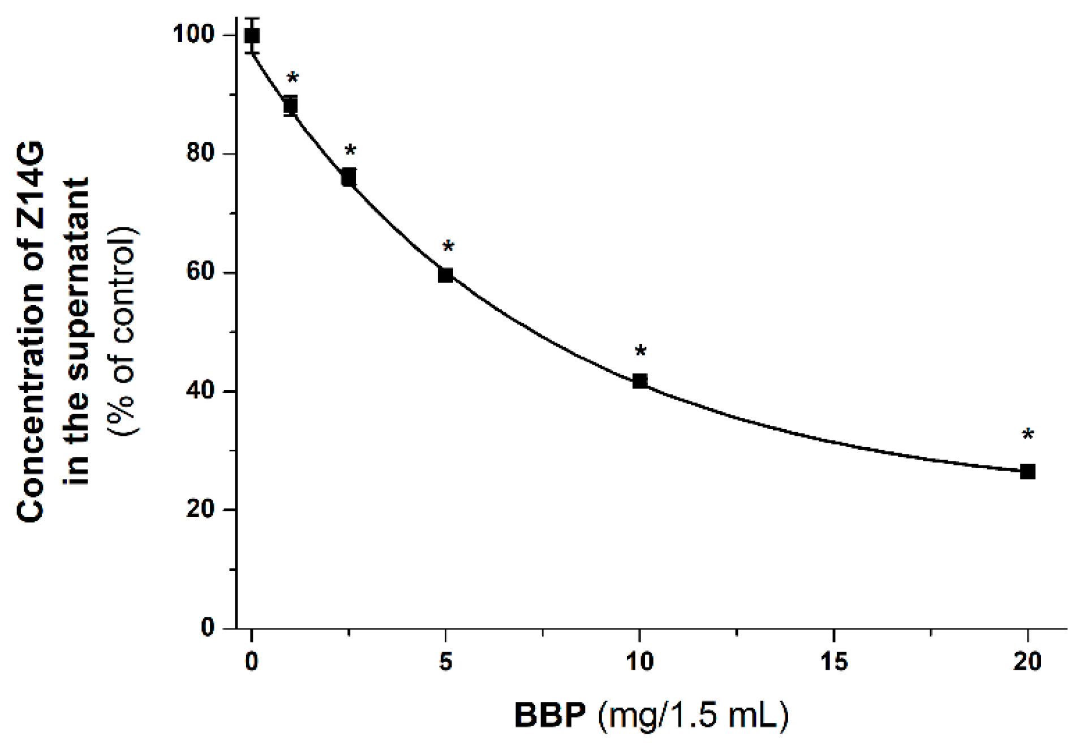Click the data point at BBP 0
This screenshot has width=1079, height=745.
(252, 36)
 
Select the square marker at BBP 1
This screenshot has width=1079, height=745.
(290, 105)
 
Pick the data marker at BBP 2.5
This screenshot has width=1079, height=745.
(349, 177)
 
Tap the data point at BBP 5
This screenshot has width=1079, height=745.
(446, 275)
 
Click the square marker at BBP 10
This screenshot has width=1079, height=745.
(640, 380)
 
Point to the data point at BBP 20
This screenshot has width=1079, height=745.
(1028, 472)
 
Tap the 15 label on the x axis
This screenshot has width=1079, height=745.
(834, 662)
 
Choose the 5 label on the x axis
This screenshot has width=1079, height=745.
(446, 662)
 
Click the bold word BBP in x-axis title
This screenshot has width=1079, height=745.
(550, 716)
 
